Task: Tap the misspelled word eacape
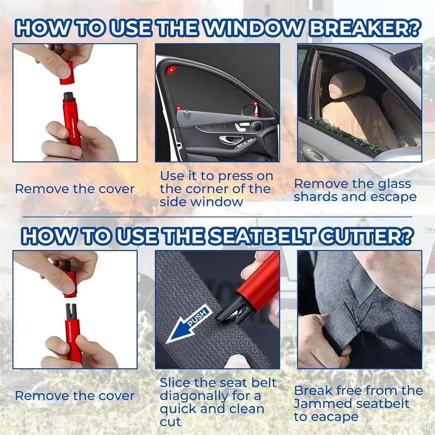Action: point(338,417)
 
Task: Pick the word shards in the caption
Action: point(319,197)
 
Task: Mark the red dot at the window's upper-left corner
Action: point(172,70)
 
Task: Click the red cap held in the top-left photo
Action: point(67,74)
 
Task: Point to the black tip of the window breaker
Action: point(69,97)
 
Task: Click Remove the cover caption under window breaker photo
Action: point(74,189)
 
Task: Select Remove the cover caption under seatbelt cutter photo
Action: point(74,396)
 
